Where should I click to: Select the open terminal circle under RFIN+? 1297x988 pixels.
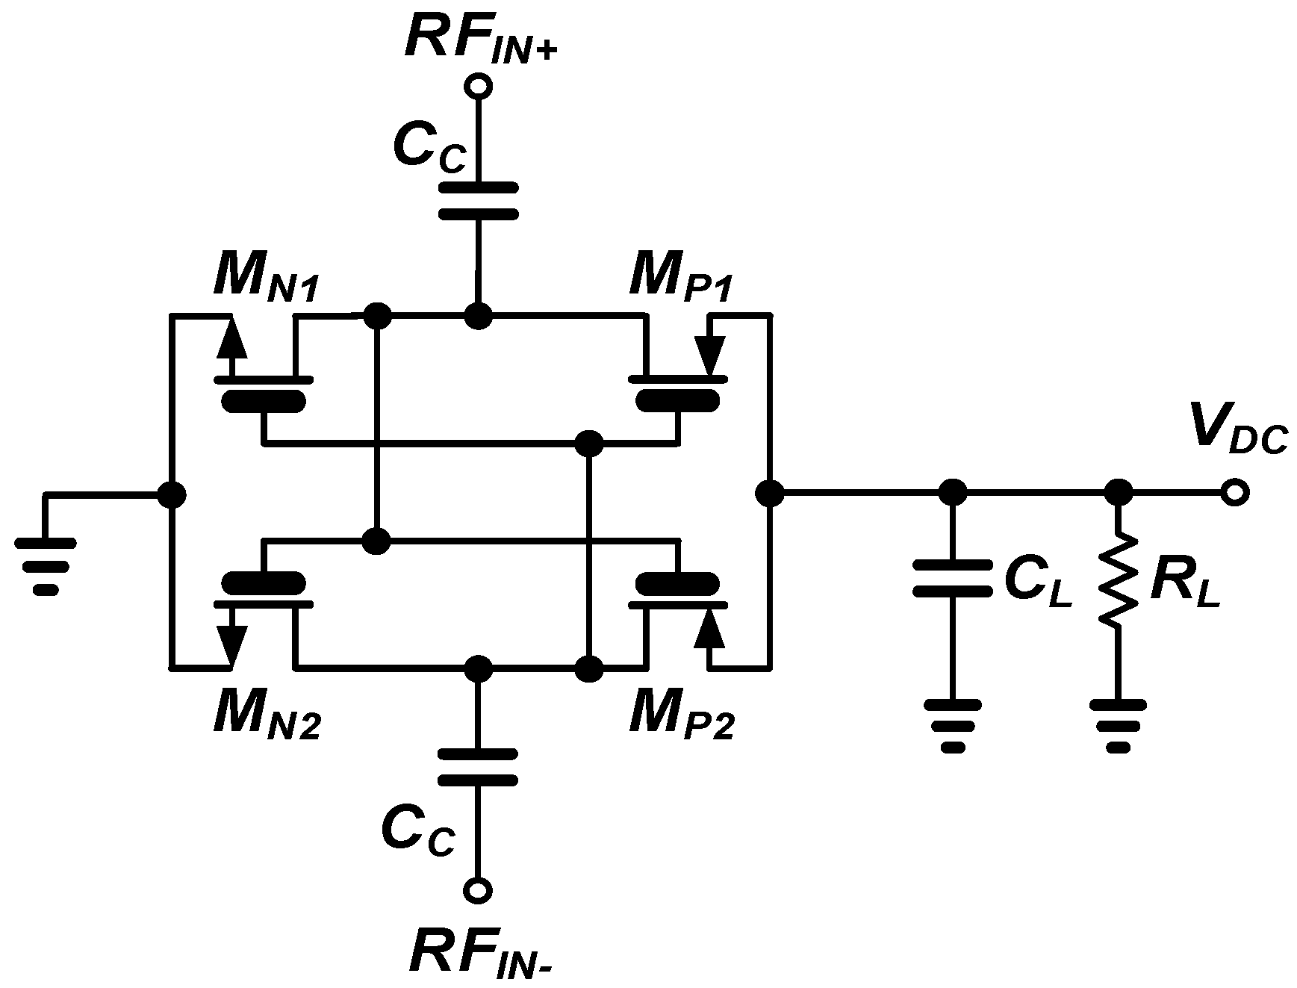tap(478, 87)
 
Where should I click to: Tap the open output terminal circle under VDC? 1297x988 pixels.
tap(1235, 494)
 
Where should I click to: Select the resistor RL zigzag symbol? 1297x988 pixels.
tap(1118, 579)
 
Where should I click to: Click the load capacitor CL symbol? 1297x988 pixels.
tap(952, 579)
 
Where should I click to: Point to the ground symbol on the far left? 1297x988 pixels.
tap(46, 565)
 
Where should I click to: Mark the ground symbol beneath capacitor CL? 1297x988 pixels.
tap(952, 724)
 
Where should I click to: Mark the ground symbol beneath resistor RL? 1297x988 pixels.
tap(1118, 724)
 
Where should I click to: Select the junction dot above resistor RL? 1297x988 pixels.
tap(1118, 493)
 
